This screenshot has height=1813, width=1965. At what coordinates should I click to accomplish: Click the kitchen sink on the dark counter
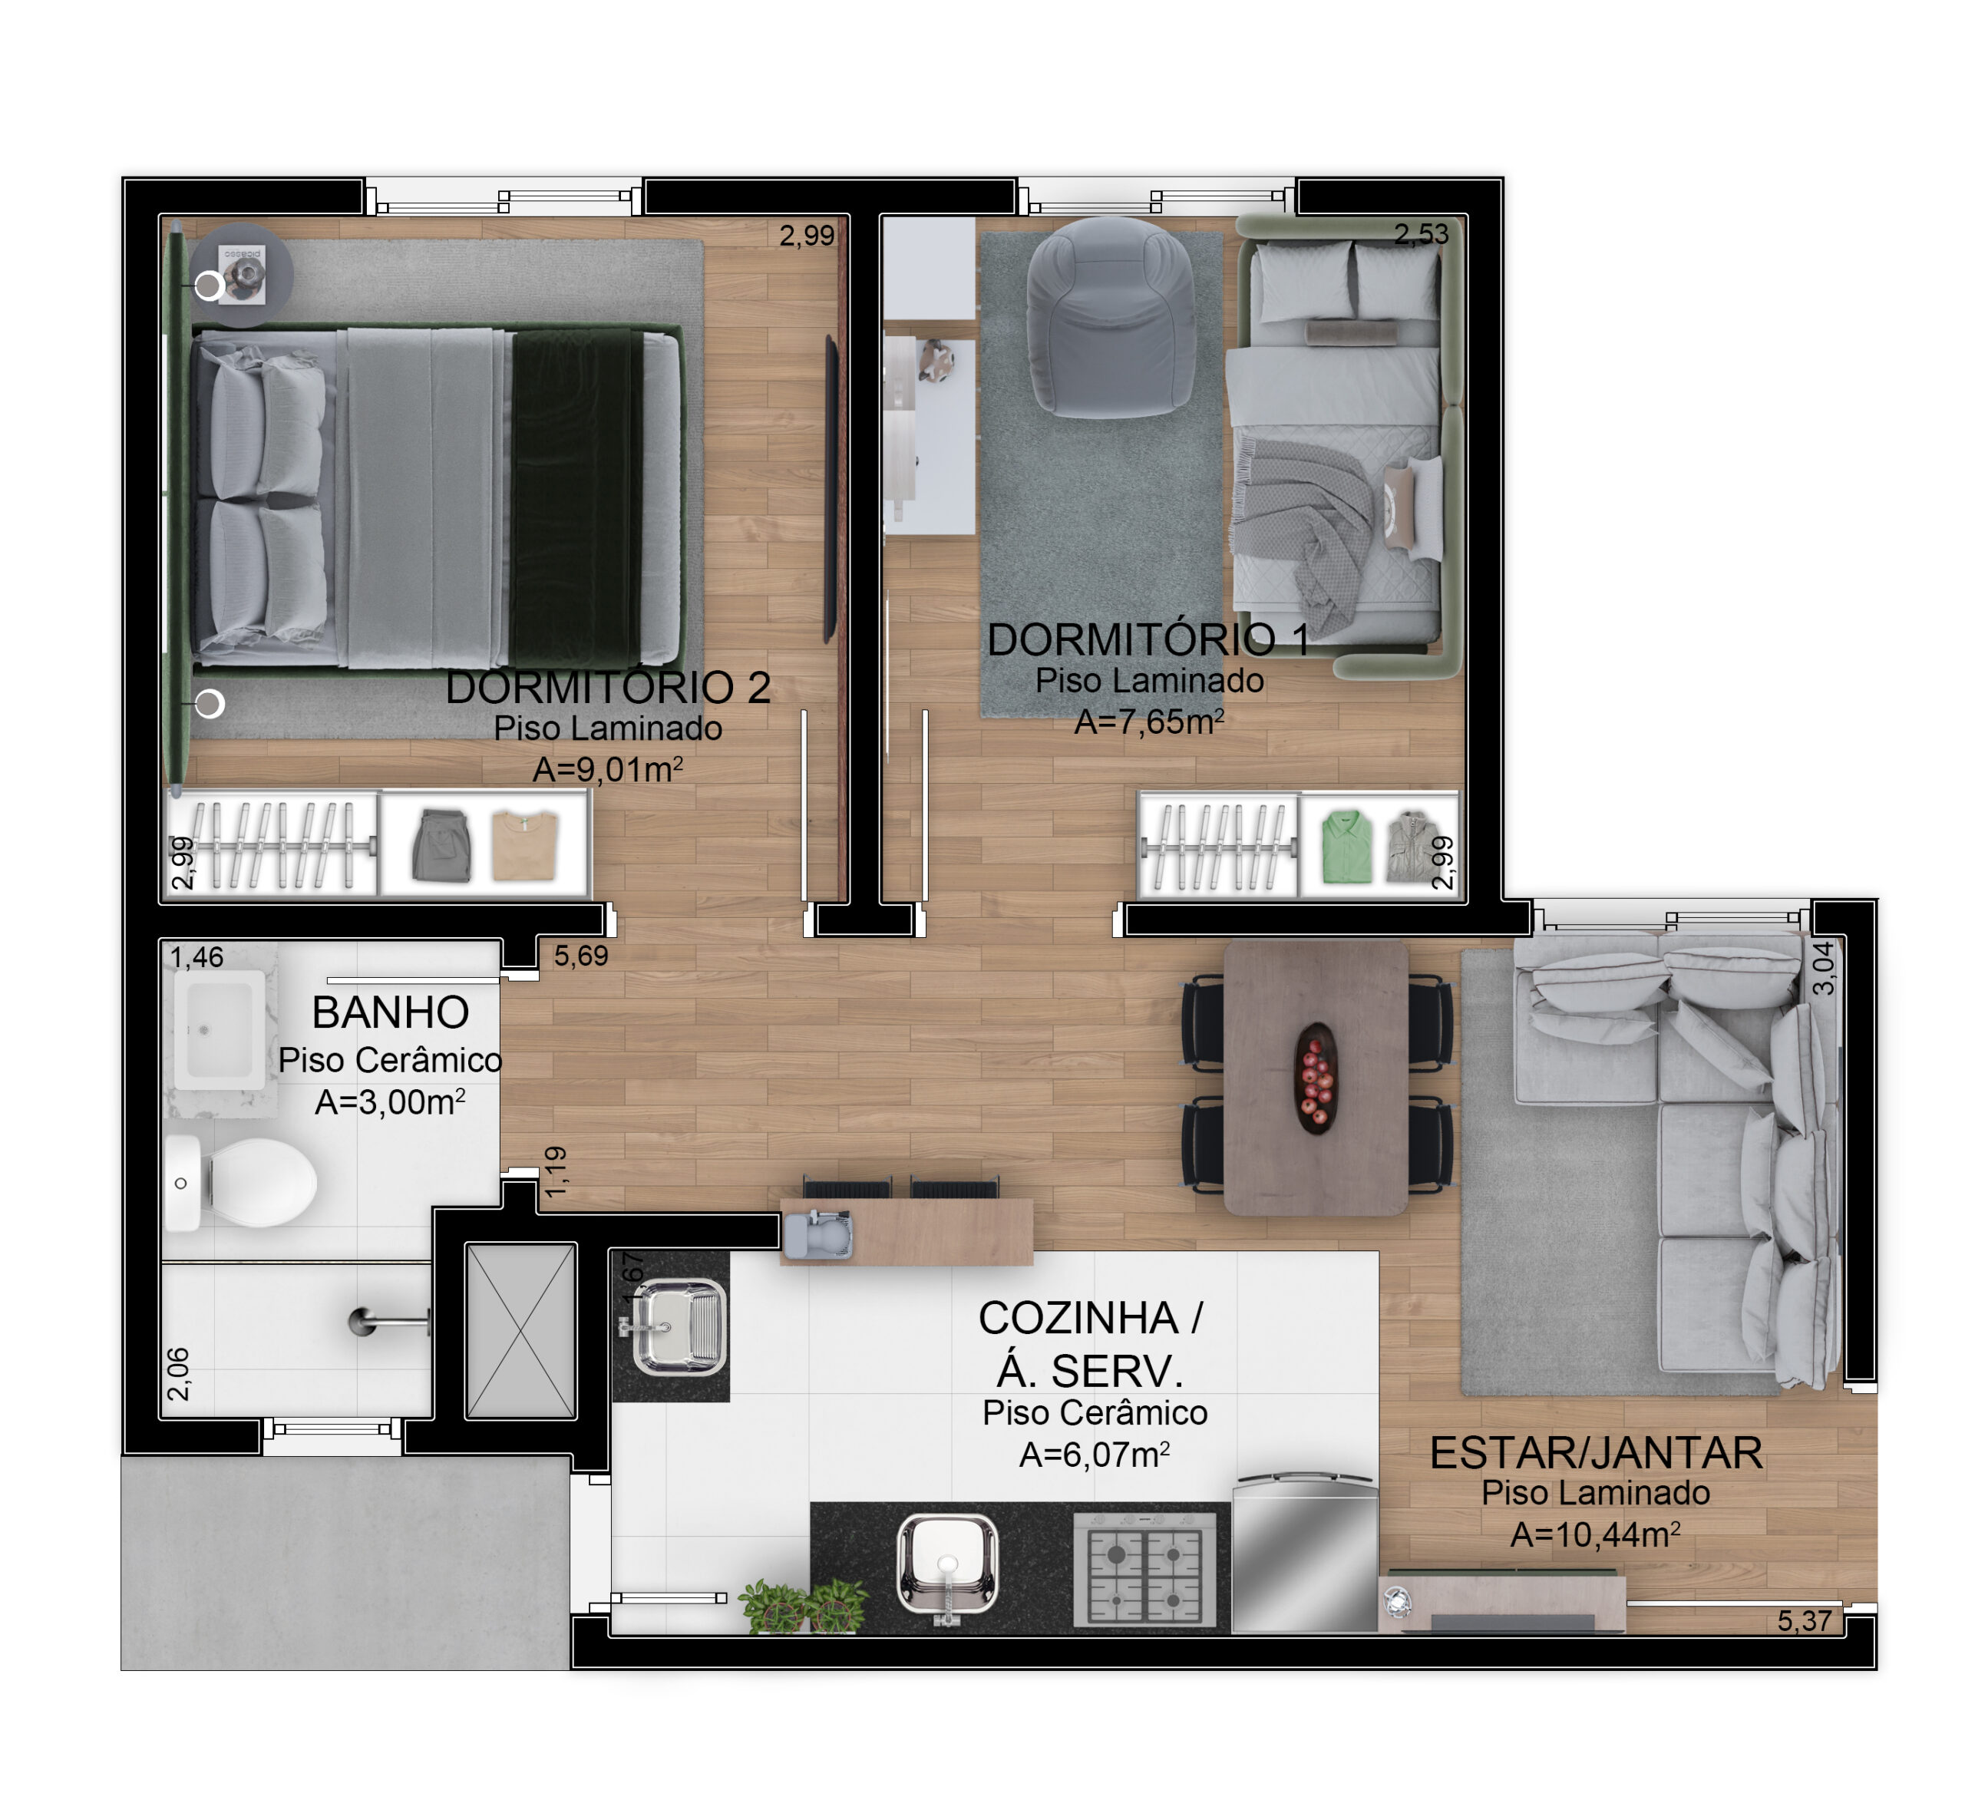tap(946, 1565)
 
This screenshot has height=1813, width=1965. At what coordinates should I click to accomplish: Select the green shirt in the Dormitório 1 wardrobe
tap(1346, 846)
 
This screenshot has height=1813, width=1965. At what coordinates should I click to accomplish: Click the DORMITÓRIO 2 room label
tap(608, 688)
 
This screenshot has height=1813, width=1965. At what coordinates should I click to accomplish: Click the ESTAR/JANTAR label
tap(1596, 1454)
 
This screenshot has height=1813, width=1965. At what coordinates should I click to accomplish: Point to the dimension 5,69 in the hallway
tap(581, 956)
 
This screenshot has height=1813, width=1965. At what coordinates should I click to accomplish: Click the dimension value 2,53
tap(1422, 233)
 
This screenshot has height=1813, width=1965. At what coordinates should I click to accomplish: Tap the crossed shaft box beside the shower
tap(521, 1330)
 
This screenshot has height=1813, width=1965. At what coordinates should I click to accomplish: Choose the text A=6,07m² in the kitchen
tap(1095, 1455)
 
